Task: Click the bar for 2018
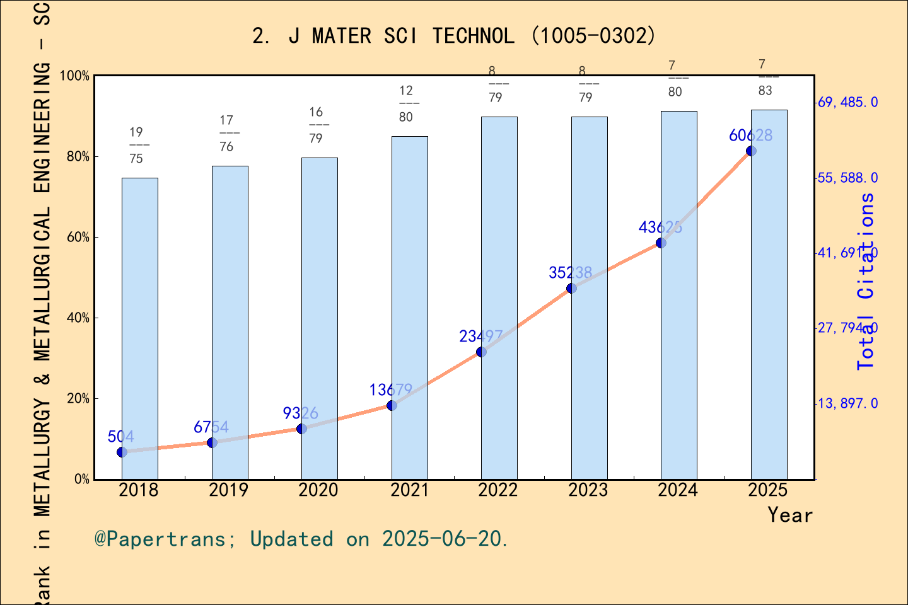pyautogui.click(x=139, y=328)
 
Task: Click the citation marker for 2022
pyautogui.click(x=481, y=352)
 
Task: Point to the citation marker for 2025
pyautogui.click(x=751, y=151)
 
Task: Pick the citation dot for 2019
pyautogui.click(x=212, y=442)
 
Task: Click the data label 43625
pyautogui.click(x=660, y=228)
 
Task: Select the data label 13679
pyautogui.click(x=391, y=390)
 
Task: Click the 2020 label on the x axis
pyautogui.click(x=318, y=490)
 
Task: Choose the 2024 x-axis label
pyautogui.click(x=678, y=490)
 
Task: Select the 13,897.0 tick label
pyautogui.click(x=847, y=403)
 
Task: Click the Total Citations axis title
pyautogui.click(x=866, y=281)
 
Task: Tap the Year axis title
pyautogui.click(x=790, y=515)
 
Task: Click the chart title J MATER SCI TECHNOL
pyautogui.click(x=454, y=36)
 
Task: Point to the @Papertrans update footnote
pyautogui.click(x=301, y=539)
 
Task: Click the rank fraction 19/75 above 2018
pyautogui.click(x=136, y=145)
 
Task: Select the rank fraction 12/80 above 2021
pyautogui.click(x=406, y=103)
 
